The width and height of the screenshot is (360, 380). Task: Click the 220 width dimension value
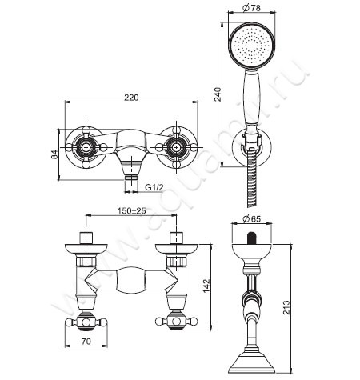click(131, 98)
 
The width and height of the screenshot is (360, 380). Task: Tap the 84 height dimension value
click(54, 154)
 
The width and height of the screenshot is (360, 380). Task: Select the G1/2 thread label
click(154, 187)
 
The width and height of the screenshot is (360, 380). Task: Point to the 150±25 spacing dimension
click(131, 210)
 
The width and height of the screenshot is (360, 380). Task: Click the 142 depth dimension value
click(207, 286)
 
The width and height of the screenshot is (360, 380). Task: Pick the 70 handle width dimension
click(86, 342)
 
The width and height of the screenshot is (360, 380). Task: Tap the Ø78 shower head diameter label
click(251, 8)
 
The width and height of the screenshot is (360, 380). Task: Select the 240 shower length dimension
click(218, 94)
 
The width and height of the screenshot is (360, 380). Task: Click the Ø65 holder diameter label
click(251, 218)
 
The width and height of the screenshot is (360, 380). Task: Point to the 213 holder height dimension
click(286, 307)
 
